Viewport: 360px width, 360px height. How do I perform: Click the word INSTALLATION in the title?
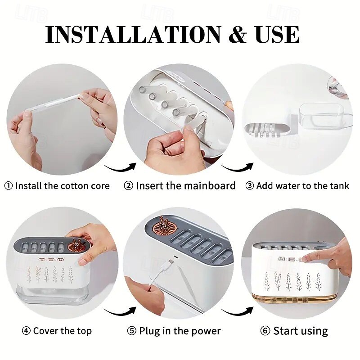[x=133, y=35]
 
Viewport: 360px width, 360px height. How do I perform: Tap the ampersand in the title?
[x=238, y=35]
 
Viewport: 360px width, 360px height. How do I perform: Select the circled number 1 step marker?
[x=9, y=186]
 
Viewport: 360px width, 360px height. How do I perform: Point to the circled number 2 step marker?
[x=129, y=185]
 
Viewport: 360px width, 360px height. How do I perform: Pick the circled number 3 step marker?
[x=250, y=185]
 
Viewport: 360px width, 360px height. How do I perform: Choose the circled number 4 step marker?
[x=26, y=331]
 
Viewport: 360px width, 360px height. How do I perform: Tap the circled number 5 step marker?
[x=132, y=331]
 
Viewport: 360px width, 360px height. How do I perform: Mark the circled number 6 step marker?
[x=265, y=331]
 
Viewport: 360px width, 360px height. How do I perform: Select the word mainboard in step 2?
[x=210, y=185]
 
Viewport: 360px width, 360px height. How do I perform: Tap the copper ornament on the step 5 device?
[x=164, y=226]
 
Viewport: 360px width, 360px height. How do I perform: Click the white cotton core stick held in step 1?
[x=56, y=103]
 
